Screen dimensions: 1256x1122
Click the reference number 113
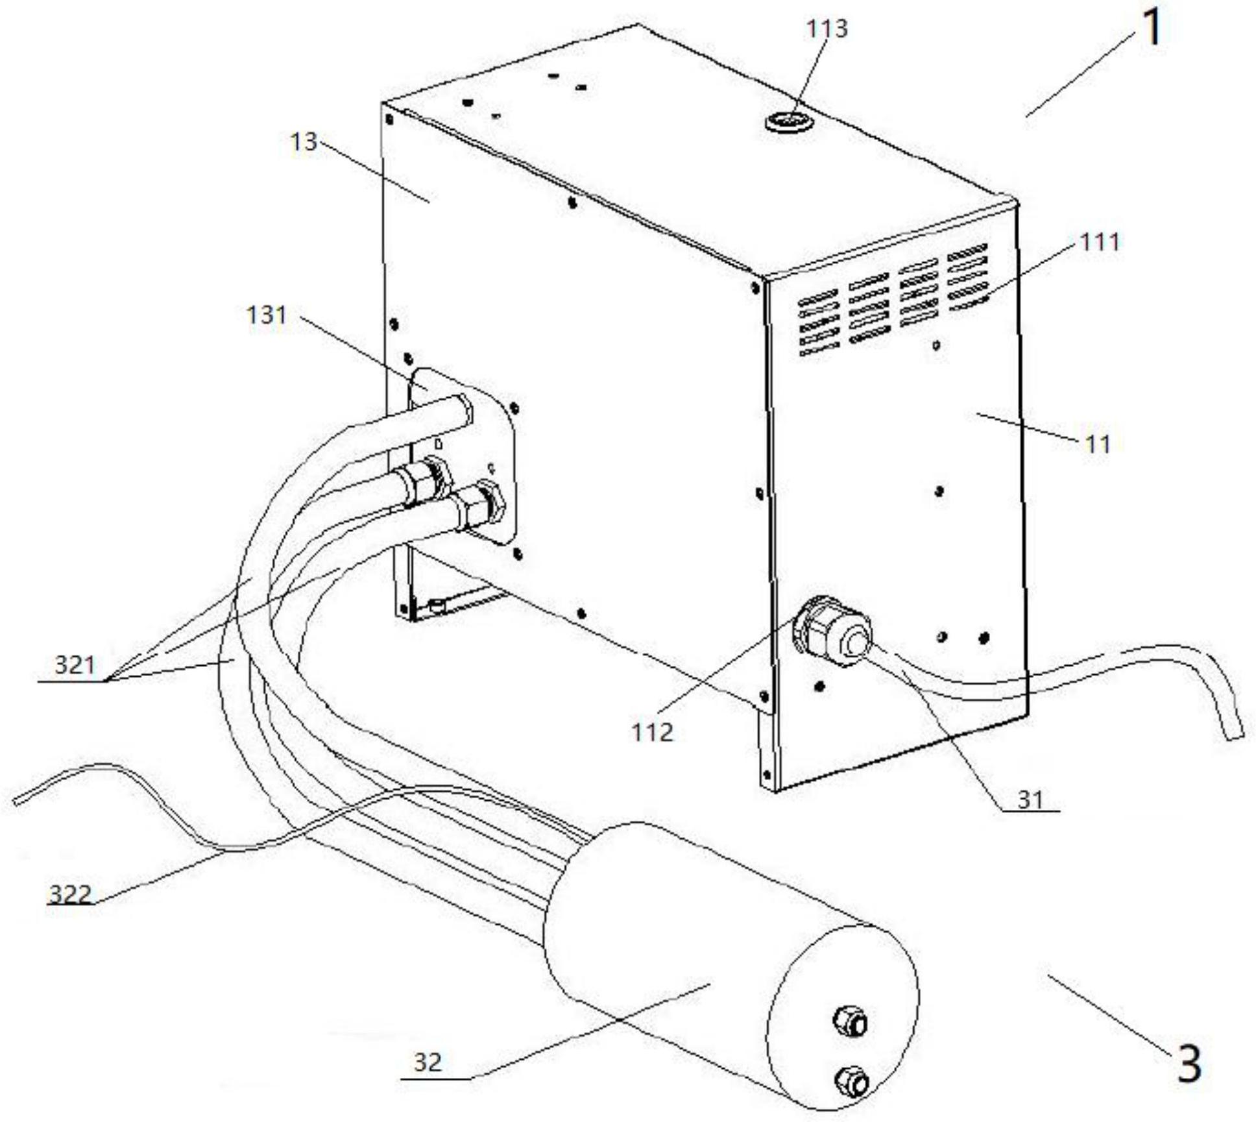827,29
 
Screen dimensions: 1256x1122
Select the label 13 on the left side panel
304,142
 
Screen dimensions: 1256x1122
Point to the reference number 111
1100,242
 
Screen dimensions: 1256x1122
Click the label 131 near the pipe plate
266,315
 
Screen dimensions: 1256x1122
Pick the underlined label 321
75,665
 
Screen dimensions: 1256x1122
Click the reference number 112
653,733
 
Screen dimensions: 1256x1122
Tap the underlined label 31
1030,800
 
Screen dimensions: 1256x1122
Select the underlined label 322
71,896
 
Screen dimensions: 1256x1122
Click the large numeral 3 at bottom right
1189,1065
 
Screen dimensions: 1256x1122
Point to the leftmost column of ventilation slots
819,323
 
